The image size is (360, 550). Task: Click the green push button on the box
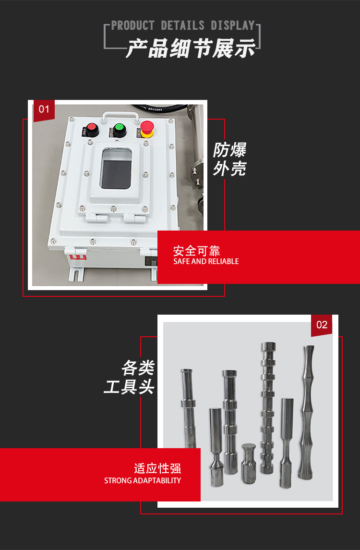[119, 128]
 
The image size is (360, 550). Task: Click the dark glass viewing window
[116, 169]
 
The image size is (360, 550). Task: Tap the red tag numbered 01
[44, 110]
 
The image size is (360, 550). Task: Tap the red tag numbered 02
[322, 325]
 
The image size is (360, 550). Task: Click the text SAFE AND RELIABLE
[206, 261]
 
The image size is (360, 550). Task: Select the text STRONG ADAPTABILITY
[142, 480]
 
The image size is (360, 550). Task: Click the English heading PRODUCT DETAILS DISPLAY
[183, 25]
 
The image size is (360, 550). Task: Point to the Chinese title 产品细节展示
[191, 48]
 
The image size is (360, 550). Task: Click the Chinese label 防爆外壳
[229, 159]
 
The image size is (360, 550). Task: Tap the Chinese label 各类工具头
[130, 378]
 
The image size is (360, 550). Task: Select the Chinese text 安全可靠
[197, 251]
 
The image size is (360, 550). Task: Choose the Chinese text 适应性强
[157, 468]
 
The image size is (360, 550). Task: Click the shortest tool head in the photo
[249, 463]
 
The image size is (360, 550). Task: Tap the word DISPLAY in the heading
[233, 25]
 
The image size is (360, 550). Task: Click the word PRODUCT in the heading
[133, 25]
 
